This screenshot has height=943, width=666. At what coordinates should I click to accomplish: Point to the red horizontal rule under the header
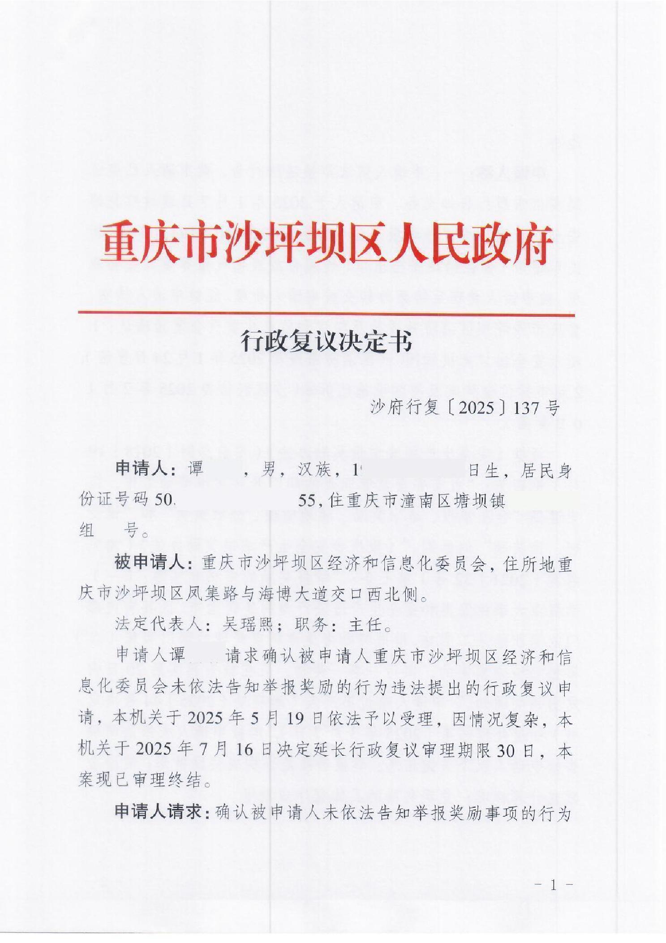[x=326, y=313]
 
